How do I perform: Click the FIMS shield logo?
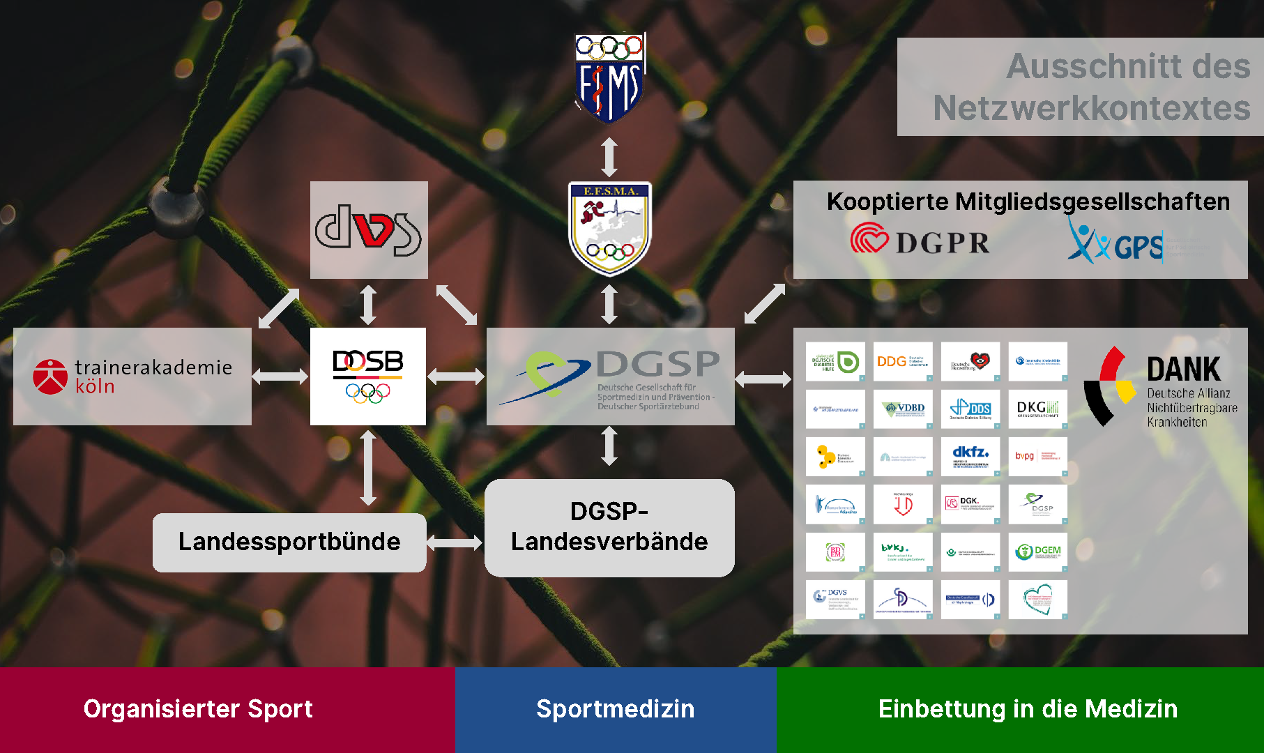tap(609, 78)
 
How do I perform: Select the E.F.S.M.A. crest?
tap(609, 228)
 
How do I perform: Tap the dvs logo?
tap(368, 229)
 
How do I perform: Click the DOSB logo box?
tap(368, 376)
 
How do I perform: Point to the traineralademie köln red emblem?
tap(50, 376)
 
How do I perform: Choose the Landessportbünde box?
tap(289, 542)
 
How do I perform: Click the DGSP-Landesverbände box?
tap(609, 527)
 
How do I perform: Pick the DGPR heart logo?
tap(869, 238)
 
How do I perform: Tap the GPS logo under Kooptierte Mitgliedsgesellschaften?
tap(1115, 241)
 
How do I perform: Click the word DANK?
tap(1183, 369)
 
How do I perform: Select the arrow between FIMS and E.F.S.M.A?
tap(609, 157)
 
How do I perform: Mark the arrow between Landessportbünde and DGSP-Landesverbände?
tap(455, 542)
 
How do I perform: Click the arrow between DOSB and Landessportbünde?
tap(368, 468)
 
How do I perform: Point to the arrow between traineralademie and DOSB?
tap(280, 376)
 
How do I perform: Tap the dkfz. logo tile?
tap(970, 457)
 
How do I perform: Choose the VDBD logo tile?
tap(903, 409)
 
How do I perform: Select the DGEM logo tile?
tap(1038, 552)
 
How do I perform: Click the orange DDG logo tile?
tap(903, 361)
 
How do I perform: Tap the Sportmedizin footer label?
tap(615, 708)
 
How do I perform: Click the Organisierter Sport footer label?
tap(198, 708)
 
